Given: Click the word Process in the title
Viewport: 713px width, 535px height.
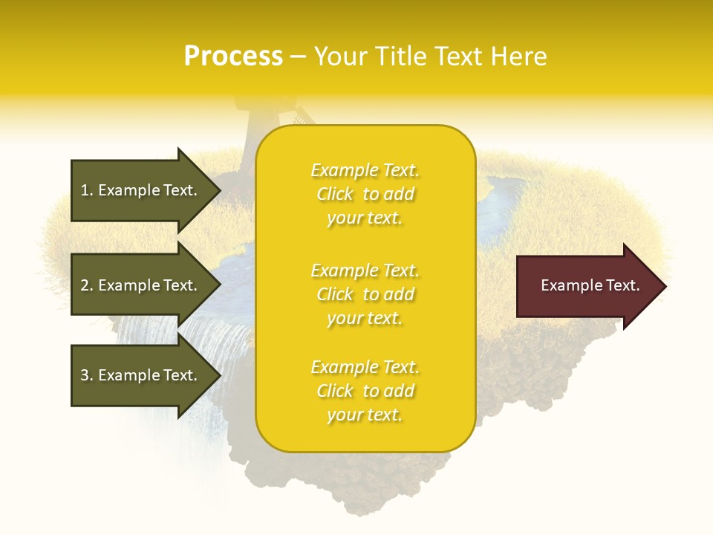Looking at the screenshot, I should [233, 56].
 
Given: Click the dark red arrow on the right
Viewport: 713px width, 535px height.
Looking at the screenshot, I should [587, 286].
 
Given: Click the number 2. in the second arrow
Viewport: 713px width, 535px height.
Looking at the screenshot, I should [87, 285].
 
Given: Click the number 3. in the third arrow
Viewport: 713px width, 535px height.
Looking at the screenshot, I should [87, 375].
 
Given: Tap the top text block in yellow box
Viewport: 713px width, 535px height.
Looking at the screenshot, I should [365, 194].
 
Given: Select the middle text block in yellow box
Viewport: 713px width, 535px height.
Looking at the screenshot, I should [365, 294].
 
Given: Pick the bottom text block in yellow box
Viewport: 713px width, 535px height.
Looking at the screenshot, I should [365, 391].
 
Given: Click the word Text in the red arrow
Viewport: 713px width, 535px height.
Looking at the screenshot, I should [624, 285].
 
